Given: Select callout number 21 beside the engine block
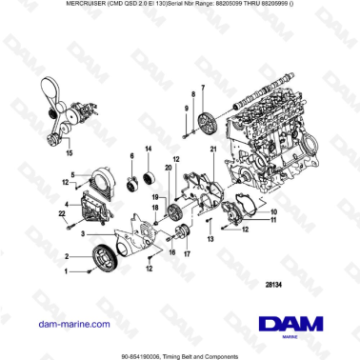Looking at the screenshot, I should pyautogui.click(x=214, y=150).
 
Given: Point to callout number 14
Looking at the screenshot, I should pyautogui.click(x=148, y=150).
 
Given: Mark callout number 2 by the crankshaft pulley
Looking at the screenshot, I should pyautogui.click(x=67, y=257).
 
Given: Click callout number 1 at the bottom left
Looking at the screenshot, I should pyautogui.click(x=66, y=271).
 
